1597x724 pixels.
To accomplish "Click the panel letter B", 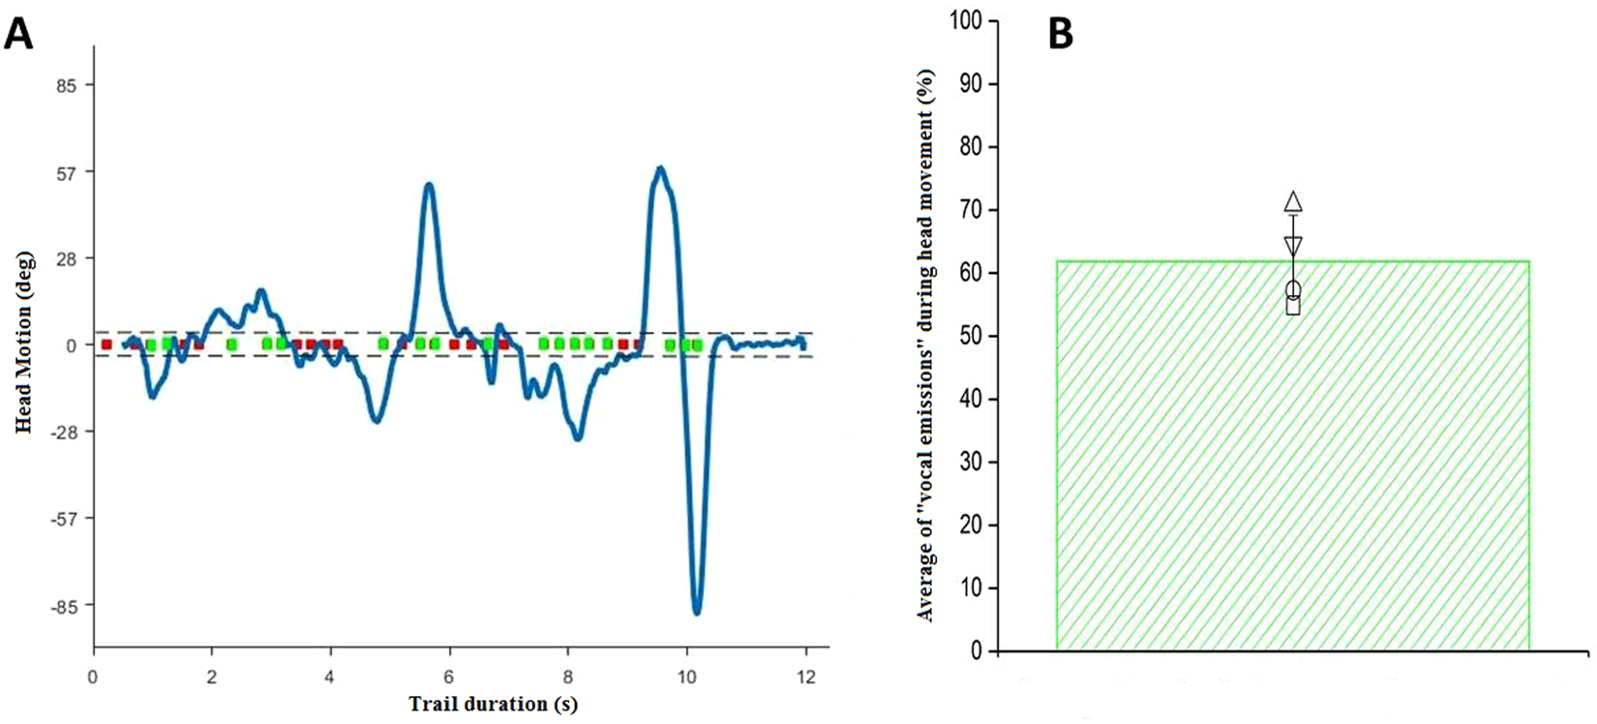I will tap(1061, 34).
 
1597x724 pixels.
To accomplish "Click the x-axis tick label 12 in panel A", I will tap(805, 677).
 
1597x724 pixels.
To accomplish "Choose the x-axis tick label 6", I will tap(449, 677).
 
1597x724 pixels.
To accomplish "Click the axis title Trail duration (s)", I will tap(493, 705).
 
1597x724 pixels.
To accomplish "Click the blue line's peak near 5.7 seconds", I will tap(429, 185).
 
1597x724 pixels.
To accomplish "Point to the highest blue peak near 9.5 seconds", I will tap(660, 168).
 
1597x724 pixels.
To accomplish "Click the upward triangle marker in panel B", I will tap(1293, 201).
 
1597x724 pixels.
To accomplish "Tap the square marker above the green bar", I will tap(1293, 307).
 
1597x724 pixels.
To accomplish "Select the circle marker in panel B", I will tap(1293, 289).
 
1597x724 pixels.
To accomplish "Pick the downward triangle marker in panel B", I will tap(1293, 246).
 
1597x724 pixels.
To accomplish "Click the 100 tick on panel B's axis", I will tap(969, 21).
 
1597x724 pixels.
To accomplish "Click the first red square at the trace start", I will tap(106, 345).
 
